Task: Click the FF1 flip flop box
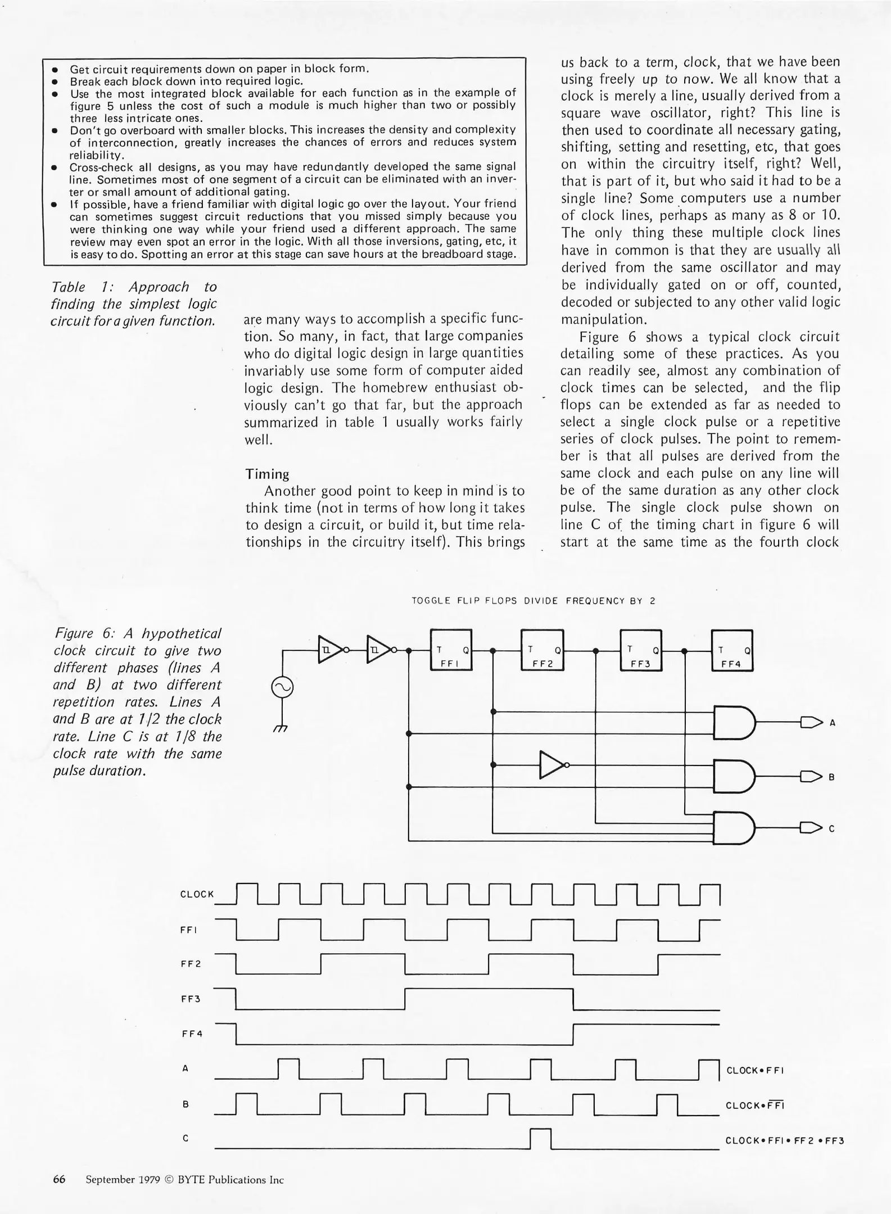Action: point(451,650)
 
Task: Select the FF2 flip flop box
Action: point(542,650)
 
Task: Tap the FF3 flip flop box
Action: point(641,650)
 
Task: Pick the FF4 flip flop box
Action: point(732,650)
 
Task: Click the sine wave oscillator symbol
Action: point(282,687)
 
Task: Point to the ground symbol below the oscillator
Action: point(281,727)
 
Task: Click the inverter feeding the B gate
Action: point(551,765)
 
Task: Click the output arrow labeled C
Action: point(811,828)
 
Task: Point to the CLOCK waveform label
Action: point(197,894)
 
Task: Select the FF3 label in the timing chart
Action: point(191,999)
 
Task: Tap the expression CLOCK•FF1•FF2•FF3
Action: point(785,1141)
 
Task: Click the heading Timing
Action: point(267,474)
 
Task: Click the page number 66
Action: point(60,1180)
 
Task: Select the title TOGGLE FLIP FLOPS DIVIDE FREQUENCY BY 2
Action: point(533,601)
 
